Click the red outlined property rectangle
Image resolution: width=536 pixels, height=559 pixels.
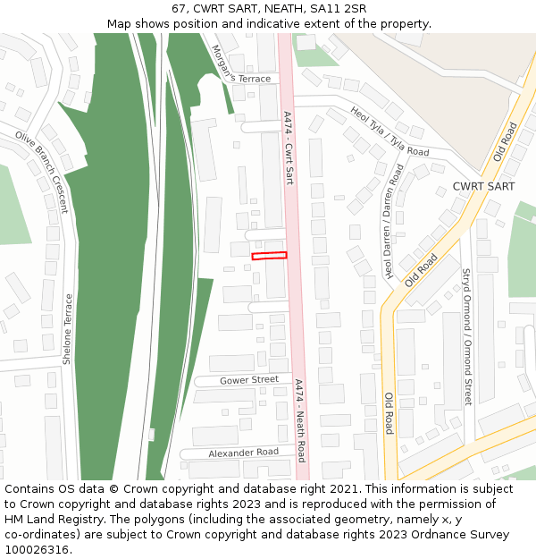pos(269,256)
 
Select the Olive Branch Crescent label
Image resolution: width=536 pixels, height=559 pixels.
pos(41,172)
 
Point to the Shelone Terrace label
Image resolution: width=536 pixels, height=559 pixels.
pos(67,330)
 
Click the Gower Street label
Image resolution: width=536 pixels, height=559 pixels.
pos(249,380)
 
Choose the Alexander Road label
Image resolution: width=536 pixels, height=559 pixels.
pos(243,453)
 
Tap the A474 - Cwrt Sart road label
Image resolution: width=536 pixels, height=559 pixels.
pos(288,148)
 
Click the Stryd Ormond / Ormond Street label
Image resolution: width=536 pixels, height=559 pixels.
pos(465,336)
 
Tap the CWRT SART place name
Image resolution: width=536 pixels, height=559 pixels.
pos(483,186)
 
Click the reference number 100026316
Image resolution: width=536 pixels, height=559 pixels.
pos(36,550)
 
